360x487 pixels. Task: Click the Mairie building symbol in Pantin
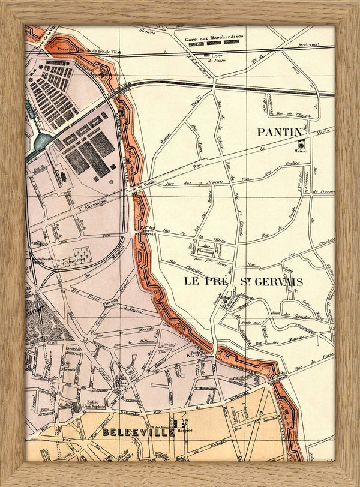pos(302,144)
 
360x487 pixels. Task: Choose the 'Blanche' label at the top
pos(147,31)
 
